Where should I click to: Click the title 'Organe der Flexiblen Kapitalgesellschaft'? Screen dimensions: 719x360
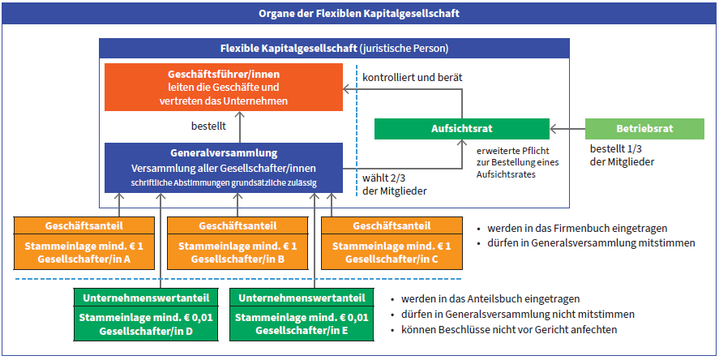click(x=359, y=13)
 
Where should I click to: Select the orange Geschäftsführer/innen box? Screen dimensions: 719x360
click(x=224, y=87)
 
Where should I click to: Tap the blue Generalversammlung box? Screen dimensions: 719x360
click(x=224, y=167)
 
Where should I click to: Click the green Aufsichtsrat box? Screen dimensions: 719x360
click(x=462, y=129)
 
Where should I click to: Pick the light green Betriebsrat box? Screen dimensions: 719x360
click(x=644, y=129)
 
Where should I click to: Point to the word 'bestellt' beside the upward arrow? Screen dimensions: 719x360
click(x=208, y=126)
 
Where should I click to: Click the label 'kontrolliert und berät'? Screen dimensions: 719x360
click(x=413, y=78)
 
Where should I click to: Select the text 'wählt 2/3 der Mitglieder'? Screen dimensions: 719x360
click(x=394, y=185)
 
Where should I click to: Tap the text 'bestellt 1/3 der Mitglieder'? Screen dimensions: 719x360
click(x=623, y=156)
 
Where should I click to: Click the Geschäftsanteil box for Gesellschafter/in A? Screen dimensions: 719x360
click(x=84, y=242)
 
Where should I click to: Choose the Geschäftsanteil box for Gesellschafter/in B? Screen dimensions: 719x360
click(x=238, y=242)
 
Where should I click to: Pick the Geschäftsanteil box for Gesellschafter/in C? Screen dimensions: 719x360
click(x=392, y=242)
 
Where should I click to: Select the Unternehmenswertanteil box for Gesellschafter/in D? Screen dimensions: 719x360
click(x=146, y=315)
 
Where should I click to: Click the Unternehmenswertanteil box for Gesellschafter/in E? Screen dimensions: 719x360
click(x=302, y=315)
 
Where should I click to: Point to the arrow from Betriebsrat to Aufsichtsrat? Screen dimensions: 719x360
click(x=567, y=130)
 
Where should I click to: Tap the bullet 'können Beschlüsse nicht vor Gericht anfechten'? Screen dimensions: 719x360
click(x=504, y=329)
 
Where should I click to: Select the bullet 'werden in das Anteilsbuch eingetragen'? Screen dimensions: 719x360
click(x=485, y=299)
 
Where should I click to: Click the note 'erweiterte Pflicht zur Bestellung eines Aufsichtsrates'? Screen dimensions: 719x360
click(x=518, y=163)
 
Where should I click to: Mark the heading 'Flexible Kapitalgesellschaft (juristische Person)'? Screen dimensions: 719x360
click(x=334, y=48)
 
